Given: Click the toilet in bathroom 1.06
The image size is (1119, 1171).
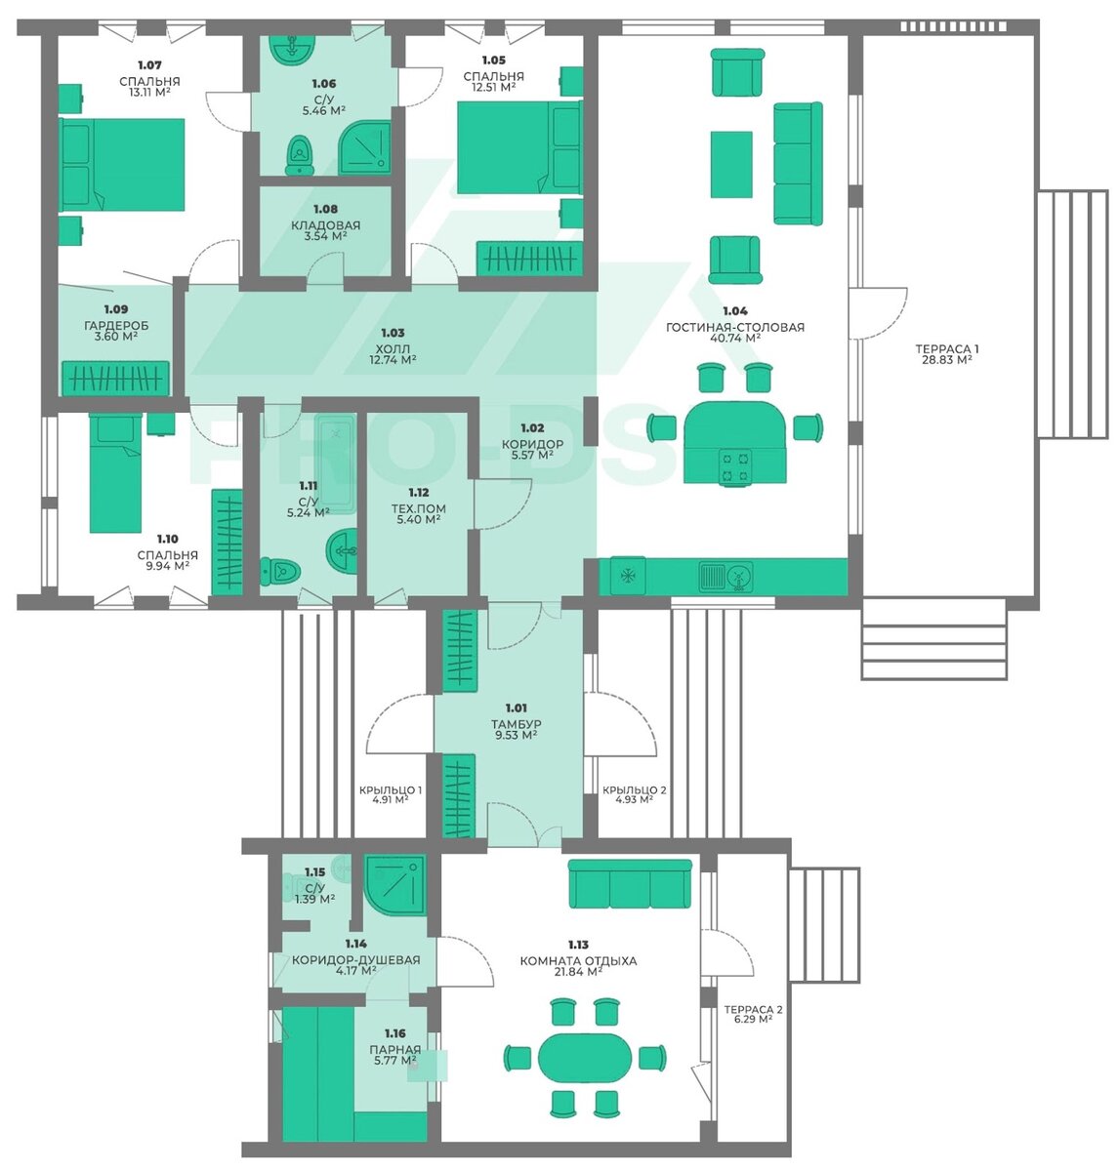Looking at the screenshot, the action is pos(299,155).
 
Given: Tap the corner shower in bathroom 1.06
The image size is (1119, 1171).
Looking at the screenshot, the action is pos(364,146).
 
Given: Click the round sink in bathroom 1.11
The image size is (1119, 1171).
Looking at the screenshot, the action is pos(342,550).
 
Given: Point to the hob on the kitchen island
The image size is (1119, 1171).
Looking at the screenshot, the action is pos(734,466).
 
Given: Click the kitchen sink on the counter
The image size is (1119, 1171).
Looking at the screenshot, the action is pos(725,576).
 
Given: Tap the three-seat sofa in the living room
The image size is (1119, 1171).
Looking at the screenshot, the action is pos(798,163).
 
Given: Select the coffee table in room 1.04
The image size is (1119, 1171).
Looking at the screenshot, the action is pos(731,164).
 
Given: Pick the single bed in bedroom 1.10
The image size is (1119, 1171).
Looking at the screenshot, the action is pos(115,472).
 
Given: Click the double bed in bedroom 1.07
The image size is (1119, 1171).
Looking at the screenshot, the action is pos(122,164).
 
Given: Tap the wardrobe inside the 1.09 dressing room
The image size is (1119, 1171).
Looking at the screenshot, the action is pos(115,378).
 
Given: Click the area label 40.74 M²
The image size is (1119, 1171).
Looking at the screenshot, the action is pos(734,339).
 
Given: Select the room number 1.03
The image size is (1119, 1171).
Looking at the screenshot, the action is pos(393,332).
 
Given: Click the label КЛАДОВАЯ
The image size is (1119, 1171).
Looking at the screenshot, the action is pos(325,225).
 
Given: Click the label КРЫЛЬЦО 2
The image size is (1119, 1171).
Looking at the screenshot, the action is pos(634,790).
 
